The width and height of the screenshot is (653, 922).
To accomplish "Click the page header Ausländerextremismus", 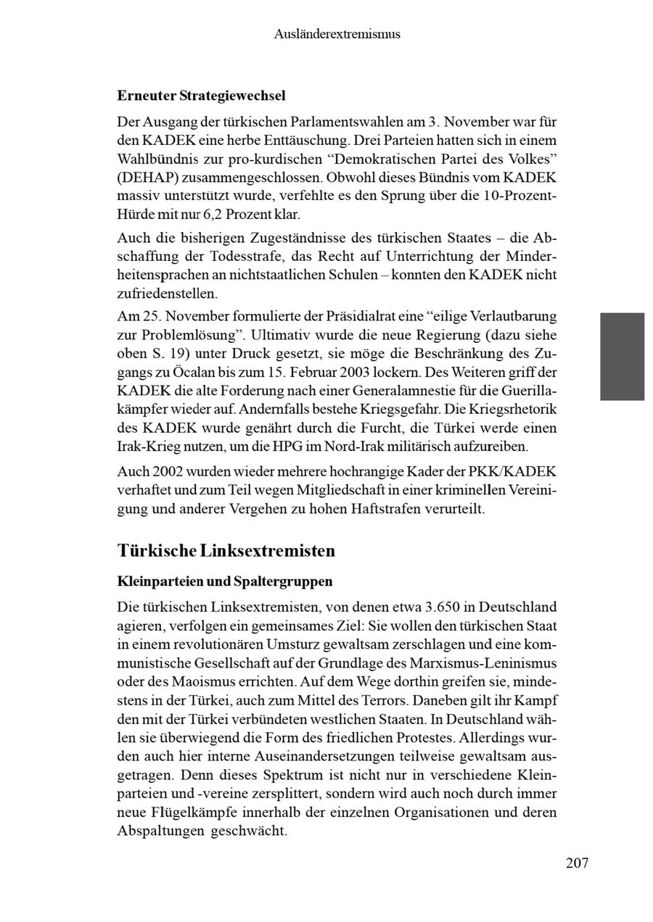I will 337,34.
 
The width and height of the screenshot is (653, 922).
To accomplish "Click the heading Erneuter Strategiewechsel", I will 201,96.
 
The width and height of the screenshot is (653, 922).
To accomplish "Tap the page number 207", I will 577,863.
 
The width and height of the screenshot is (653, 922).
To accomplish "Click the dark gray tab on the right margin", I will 622,356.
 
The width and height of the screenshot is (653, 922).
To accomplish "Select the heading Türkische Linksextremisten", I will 226,551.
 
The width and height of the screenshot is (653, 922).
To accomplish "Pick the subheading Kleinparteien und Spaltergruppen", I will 224,581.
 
